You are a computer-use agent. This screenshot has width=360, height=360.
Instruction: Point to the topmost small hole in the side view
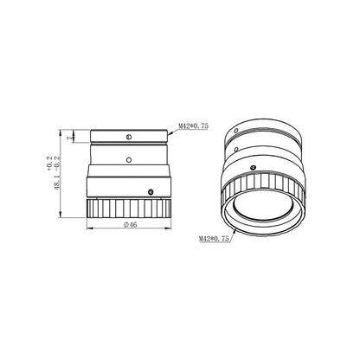pyautogui.click(x=127, y=135)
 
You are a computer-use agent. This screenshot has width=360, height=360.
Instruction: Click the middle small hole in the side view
pyautogui.click(x=127, y=158)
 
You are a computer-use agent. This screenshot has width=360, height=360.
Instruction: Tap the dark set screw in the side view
pyautogui.click(x=150, y=191)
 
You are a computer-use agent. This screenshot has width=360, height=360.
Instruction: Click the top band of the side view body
pyautogui.click(x=127, y=136)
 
